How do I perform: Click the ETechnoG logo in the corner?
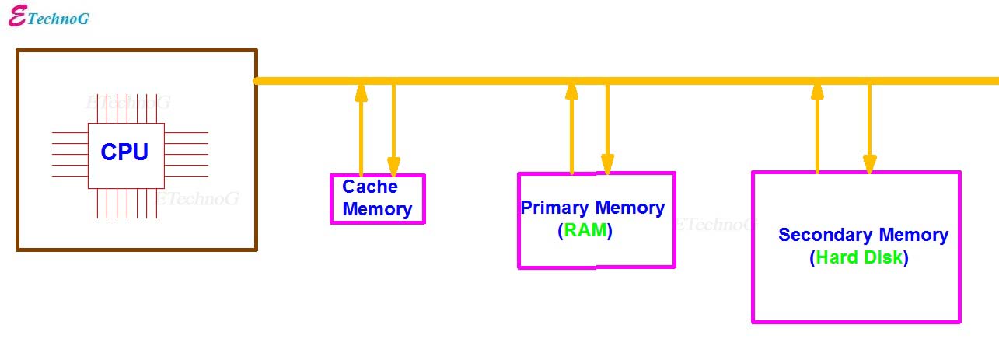pyautogui.click(x=48, y=17)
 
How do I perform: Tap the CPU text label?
pyautogui.click(x=124, y=152)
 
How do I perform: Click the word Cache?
pyautogui.click(x=370, y=187)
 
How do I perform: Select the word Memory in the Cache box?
pyautogui.click(x=377, y=209)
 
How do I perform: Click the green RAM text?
pyautogui.click(x=585, y=231)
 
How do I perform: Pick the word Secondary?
pyautogui.click(x=826, y=235)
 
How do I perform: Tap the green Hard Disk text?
pyautogui.click(x=859, y=258)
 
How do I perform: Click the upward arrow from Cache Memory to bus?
pyautogui.click(x=361, y=128)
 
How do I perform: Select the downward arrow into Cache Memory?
pyautogui.click(x=393, y=128)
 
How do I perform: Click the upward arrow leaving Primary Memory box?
pyautogui.click(x=571, y=128)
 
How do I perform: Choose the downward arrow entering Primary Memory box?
pyautogui.click(x=606, y=128)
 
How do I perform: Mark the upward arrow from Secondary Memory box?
pyautogui.click(x=817, y=128)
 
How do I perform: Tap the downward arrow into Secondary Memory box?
pyautogui.click(x=869, y=128)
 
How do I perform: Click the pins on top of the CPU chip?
pyautogui.click(x=125, y=109)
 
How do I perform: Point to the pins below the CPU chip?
pyautogui.click(x=125, y=203)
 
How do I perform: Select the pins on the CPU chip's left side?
pyautogui.click(x=70, y=154)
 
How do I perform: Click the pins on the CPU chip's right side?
pyautogui.click(x=186, y=154)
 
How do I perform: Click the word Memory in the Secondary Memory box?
pyautogui.click(x=913, y=235)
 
